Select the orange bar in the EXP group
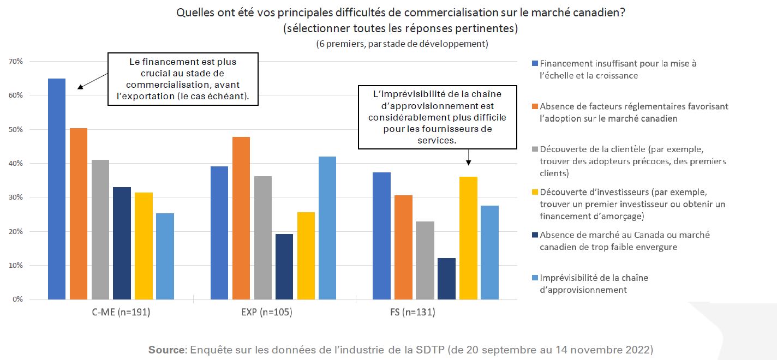241,218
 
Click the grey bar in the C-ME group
100,229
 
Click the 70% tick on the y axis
16,62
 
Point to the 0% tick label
17,299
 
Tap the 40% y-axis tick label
16,164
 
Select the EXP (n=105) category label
274,313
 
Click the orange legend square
535,106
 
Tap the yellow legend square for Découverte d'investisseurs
535,192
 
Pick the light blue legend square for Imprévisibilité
535,278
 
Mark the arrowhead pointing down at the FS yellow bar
468,162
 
